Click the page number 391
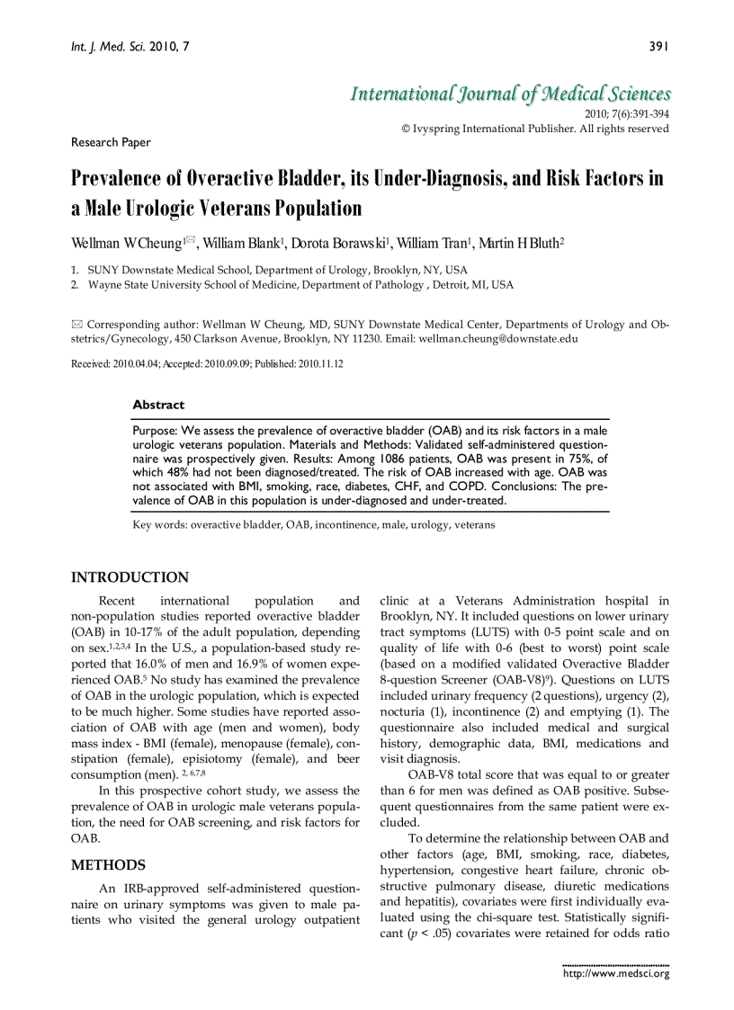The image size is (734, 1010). point(658,46)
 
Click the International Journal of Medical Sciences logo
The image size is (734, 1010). point(510,94)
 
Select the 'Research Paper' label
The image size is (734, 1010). point(111,142)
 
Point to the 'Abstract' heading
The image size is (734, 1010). point(158,405)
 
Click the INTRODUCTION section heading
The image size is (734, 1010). point(130,577)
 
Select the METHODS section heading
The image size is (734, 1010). point(108,865)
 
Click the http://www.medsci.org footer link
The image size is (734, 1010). point(615,973)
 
